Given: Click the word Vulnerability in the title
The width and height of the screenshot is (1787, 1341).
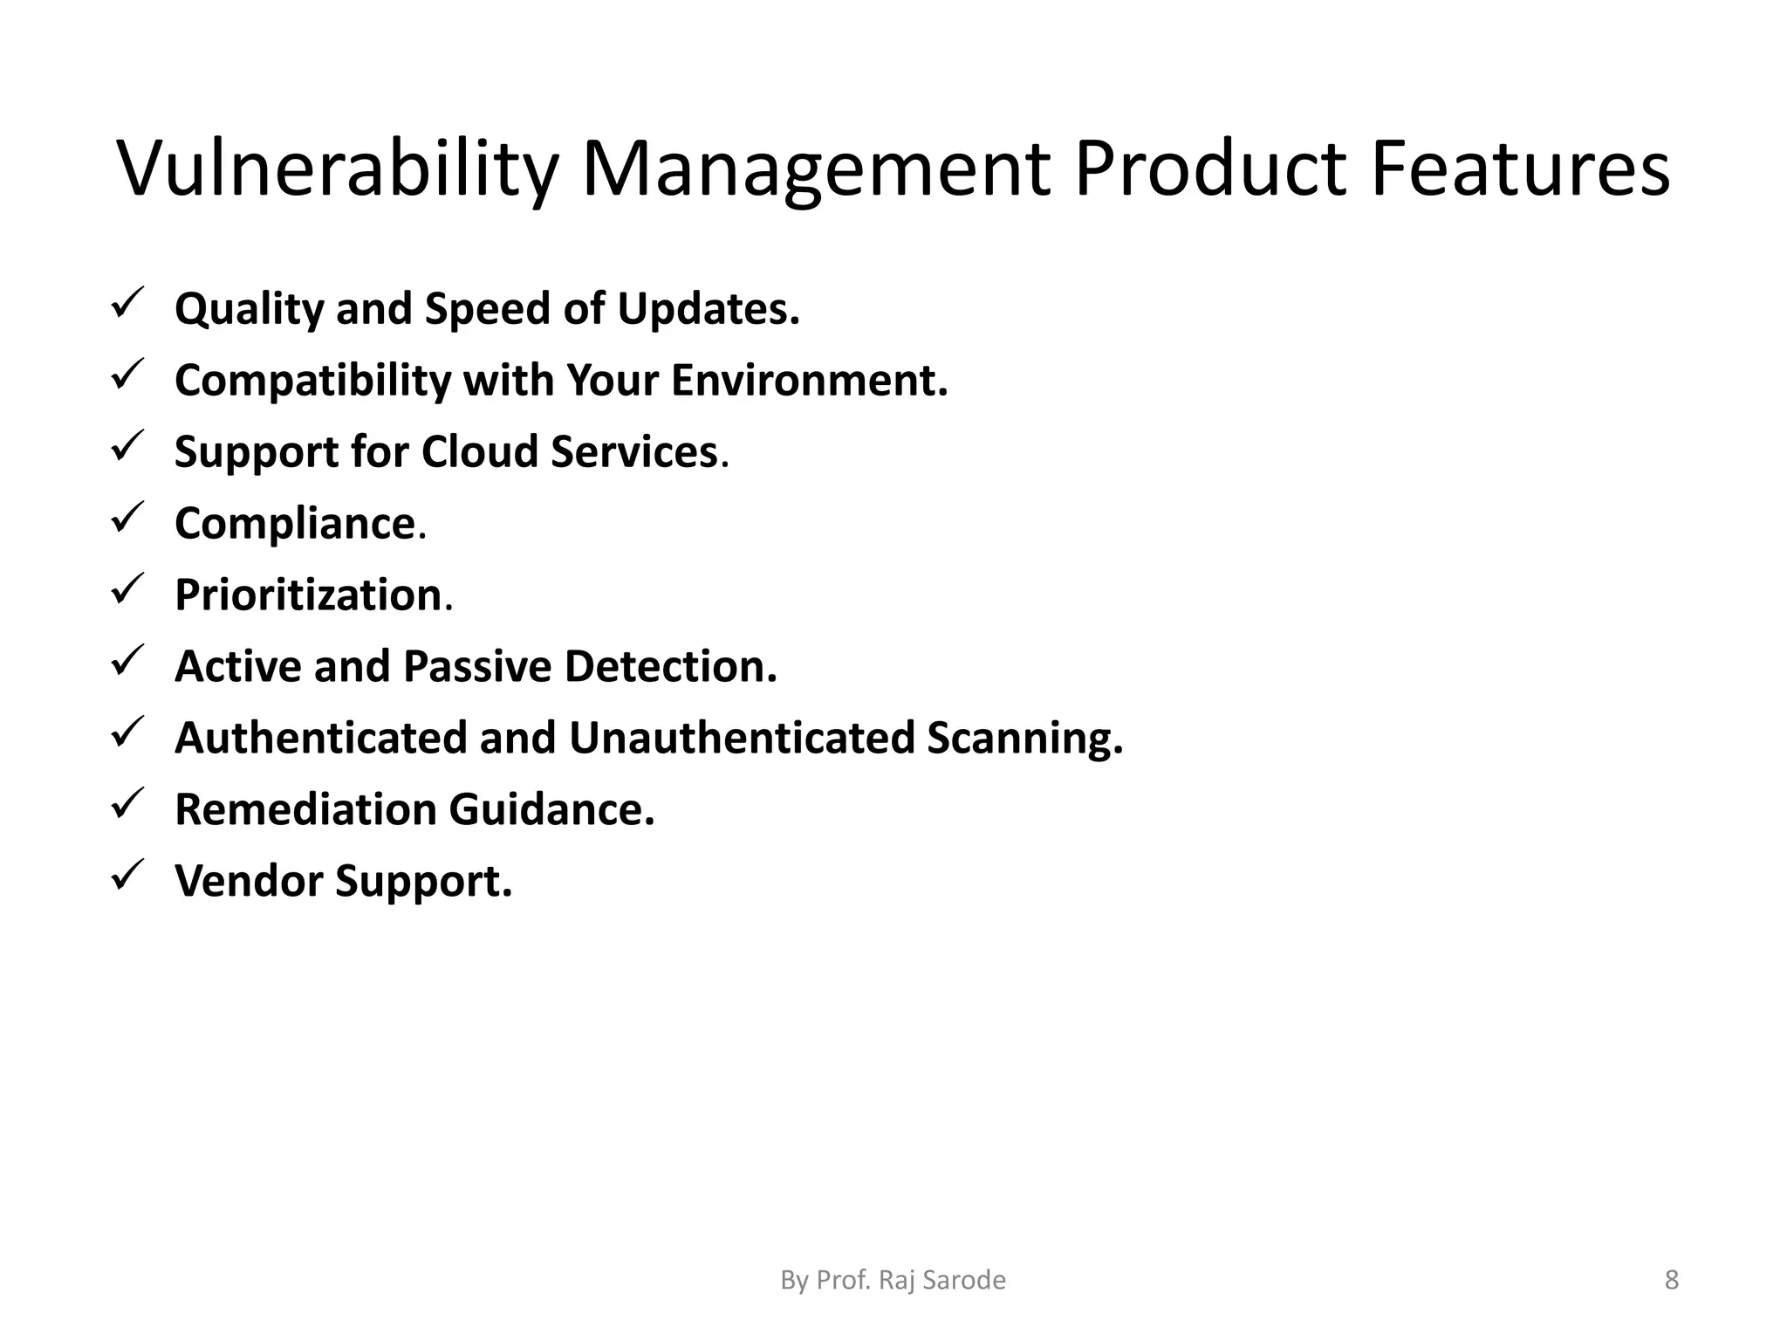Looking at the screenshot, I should coord(336,170).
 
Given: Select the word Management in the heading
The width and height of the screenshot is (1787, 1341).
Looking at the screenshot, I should coord(816,170).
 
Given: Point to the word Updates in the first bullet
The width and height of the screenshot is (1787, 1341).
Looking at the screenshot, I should coord(708,309).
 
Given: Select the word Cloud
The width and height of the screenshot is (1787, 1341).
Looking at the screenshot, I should coord(479,452).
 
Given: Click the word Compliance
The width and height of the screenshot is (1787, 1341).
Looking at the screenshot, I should coord(295,524).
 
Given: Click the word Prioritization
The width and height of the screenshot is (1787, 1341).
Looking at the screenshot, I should coord(308,595).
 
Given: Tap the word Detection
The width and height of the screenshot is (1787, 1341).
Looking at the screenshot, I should coord(670,667).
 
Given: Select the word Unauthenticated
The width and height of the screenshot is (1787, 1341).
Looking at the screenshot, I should coord(741,739).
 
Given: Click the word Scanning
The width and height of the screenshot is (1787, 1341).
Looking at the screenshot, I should coord(1024,739).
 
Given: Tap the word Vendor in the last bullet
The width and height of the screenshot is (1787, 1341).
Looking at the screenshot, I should coord(249,881).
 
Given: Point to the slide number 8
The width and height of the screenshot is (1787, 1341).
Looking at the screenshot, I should coord(1671,1281).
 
